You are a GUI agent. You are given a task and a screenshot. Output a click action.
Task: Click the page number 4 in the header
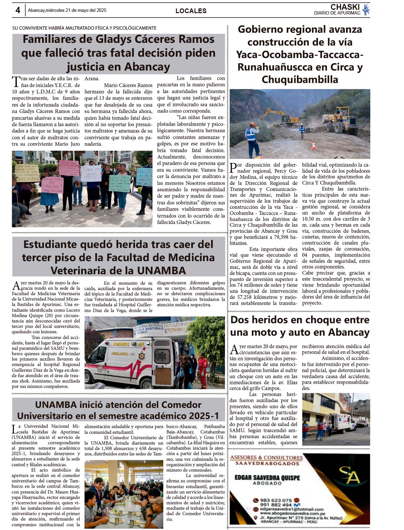pos(18,10)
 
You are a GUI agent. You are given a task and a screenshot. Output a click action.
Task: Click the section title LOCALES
pos(191,11)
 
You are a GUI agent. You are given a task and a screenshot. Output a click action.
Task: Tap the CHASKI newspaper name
pos(345,7)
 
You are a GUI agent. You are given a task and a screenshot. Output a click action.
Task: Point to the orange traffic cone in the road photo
pos(314,145)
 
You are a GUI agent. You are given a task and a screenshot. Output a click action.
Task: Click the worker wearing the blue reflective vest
pos(251,135)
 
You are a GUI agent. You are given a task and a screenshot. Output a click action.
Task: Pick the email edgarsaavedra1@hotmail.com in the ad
pos(292,509)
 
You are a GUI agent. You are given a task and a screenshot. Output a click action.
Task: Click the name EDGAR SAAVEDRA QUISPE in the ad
pos(267,478)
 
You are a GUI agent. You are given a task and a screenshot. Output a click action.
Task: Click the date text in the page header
pos(67,10)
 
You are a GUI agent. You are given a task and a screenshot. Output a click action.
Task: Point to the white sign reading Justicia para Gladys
pos(91,173)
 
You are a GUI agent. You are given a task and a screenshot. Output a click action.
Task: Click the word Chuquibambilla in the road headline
pos(300,80)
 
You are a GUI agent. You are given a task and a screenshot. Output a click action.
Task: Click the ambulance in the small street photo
pos(340,422)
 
